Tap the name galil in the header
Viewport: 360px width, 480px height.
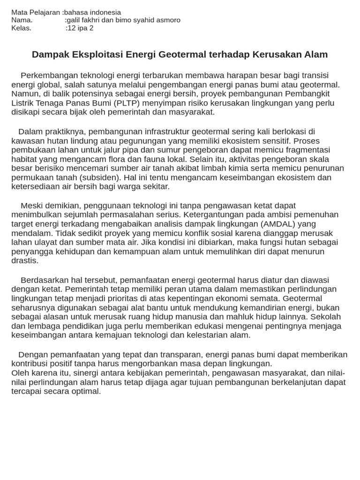coord(75,20)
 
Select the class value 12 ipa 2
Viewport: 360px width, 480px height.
coord(81,28)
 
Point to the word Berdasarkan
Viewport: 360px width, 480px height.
coord(44,280)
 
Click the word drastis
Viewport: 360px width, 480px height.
coord(25,260)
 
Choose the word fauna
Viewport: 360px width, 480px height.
coord(120,159)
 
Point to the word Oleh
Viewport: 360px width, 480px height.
coord(20,373)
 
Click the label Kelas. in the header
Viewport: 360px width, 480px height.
coord(22,28)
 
